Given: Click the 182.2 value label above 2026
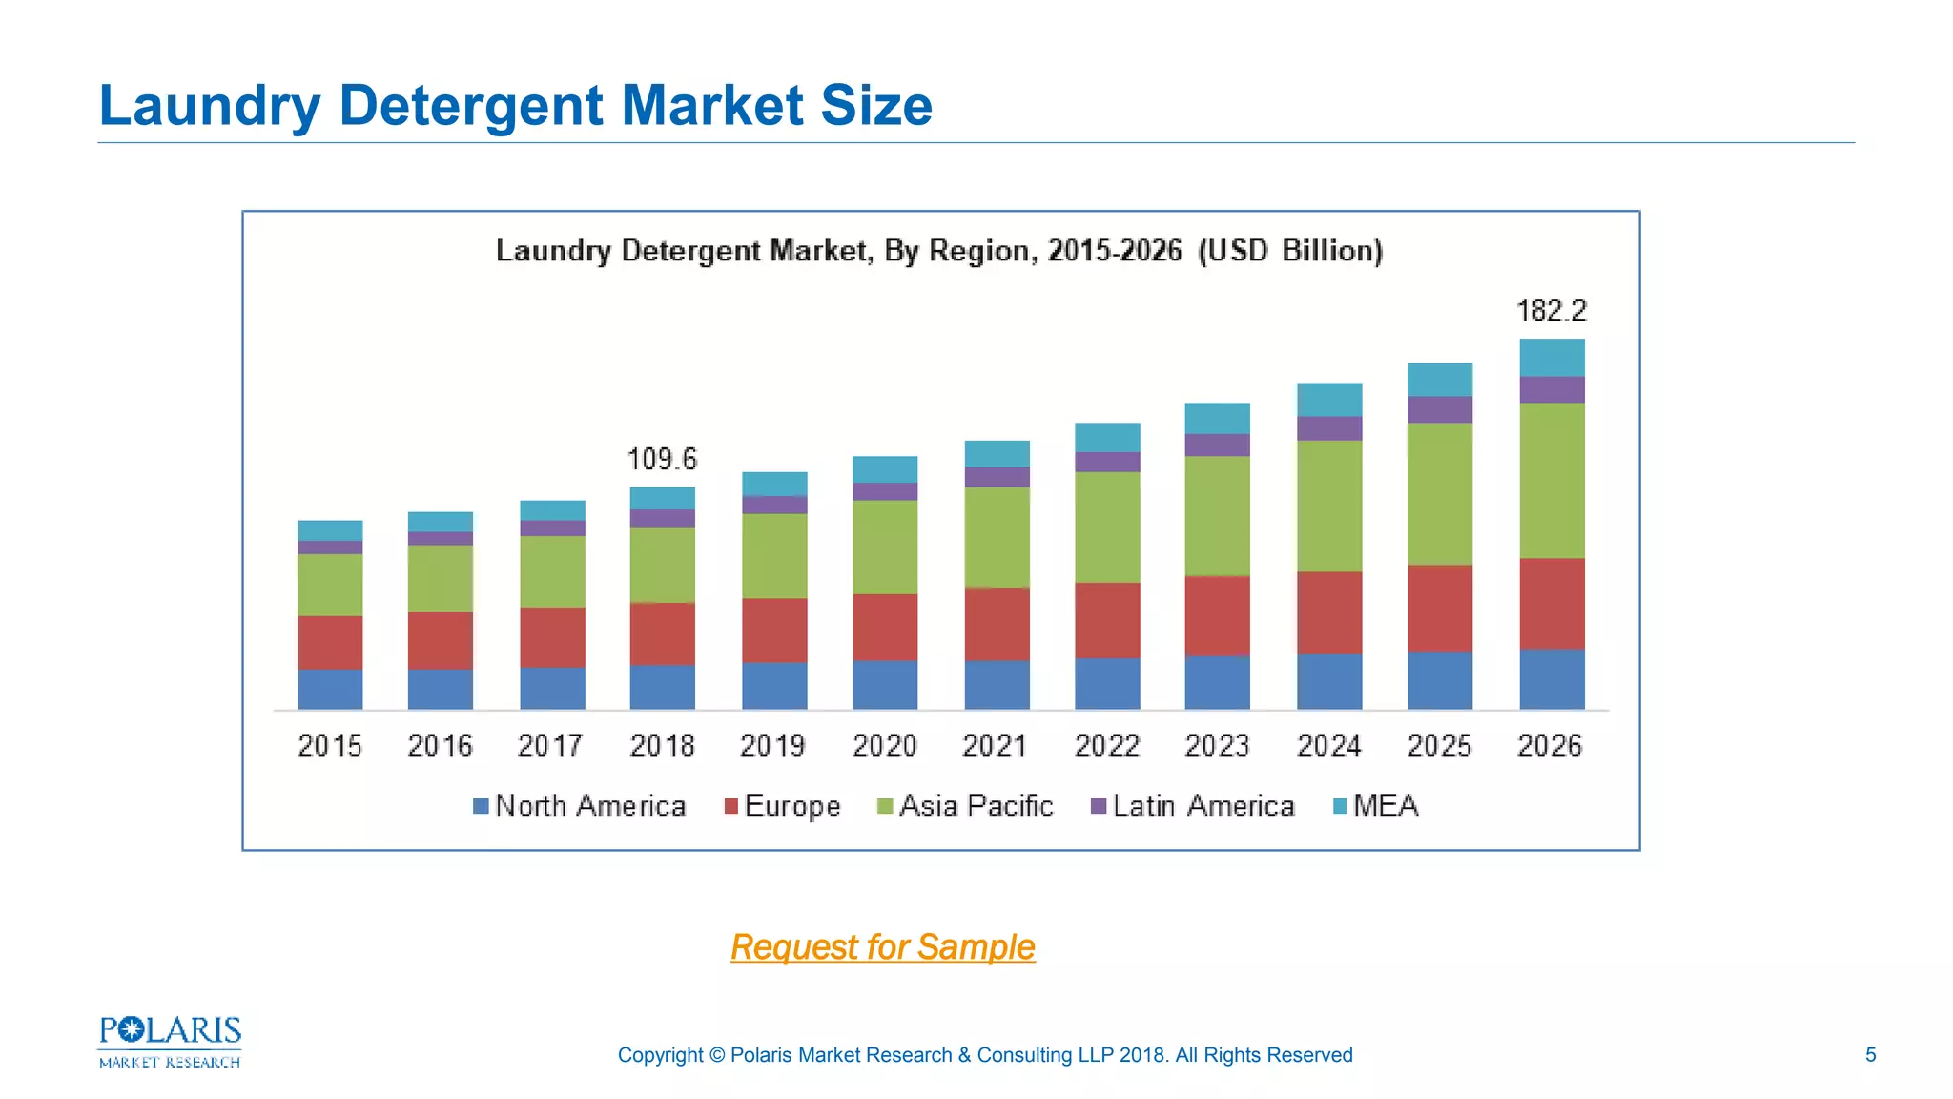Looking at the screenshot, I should (1552, 311).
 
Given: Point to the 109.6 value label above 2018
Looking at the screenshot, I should (662, 460).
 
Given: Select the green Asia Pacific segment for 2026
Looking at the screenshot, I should (1552, 481).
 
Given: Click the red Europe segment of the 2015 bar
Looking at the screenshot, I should (330, 642).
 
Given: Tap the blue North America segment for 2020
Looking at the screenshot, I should (885, 685).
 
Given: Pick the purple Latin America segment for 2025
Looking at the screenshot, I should (1440, 409).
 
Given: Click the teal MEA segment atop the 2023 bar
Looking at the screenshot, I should (1217, 418).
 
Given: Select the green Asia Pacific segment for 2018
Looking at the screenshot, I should (662, 565).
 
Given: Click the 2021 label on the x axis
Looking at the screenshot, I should (995, 745).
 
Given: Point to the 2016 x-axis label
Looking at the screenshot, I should (441, 745).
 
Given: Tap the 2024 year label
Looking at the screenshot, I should (1328, 745).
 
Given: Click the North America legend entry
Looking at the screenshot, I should (580, 806).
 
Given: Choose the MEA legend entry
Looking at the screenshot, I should (1376, 806).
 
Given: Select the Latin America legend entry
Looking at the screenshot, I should (1193, 806).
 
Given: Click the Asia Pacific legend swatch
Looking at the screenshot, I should (885, 807).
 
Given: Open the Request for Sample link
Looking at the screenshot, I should (883, 947).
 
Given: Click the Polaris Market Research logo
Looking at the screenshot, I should (170, 1042).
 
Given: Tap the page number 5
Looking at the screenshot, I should (1870, 1055).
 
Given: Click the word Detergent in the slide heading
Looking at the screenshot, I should (472, 105).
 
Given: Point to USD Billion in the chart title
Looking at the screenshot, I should (1289, 251).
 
